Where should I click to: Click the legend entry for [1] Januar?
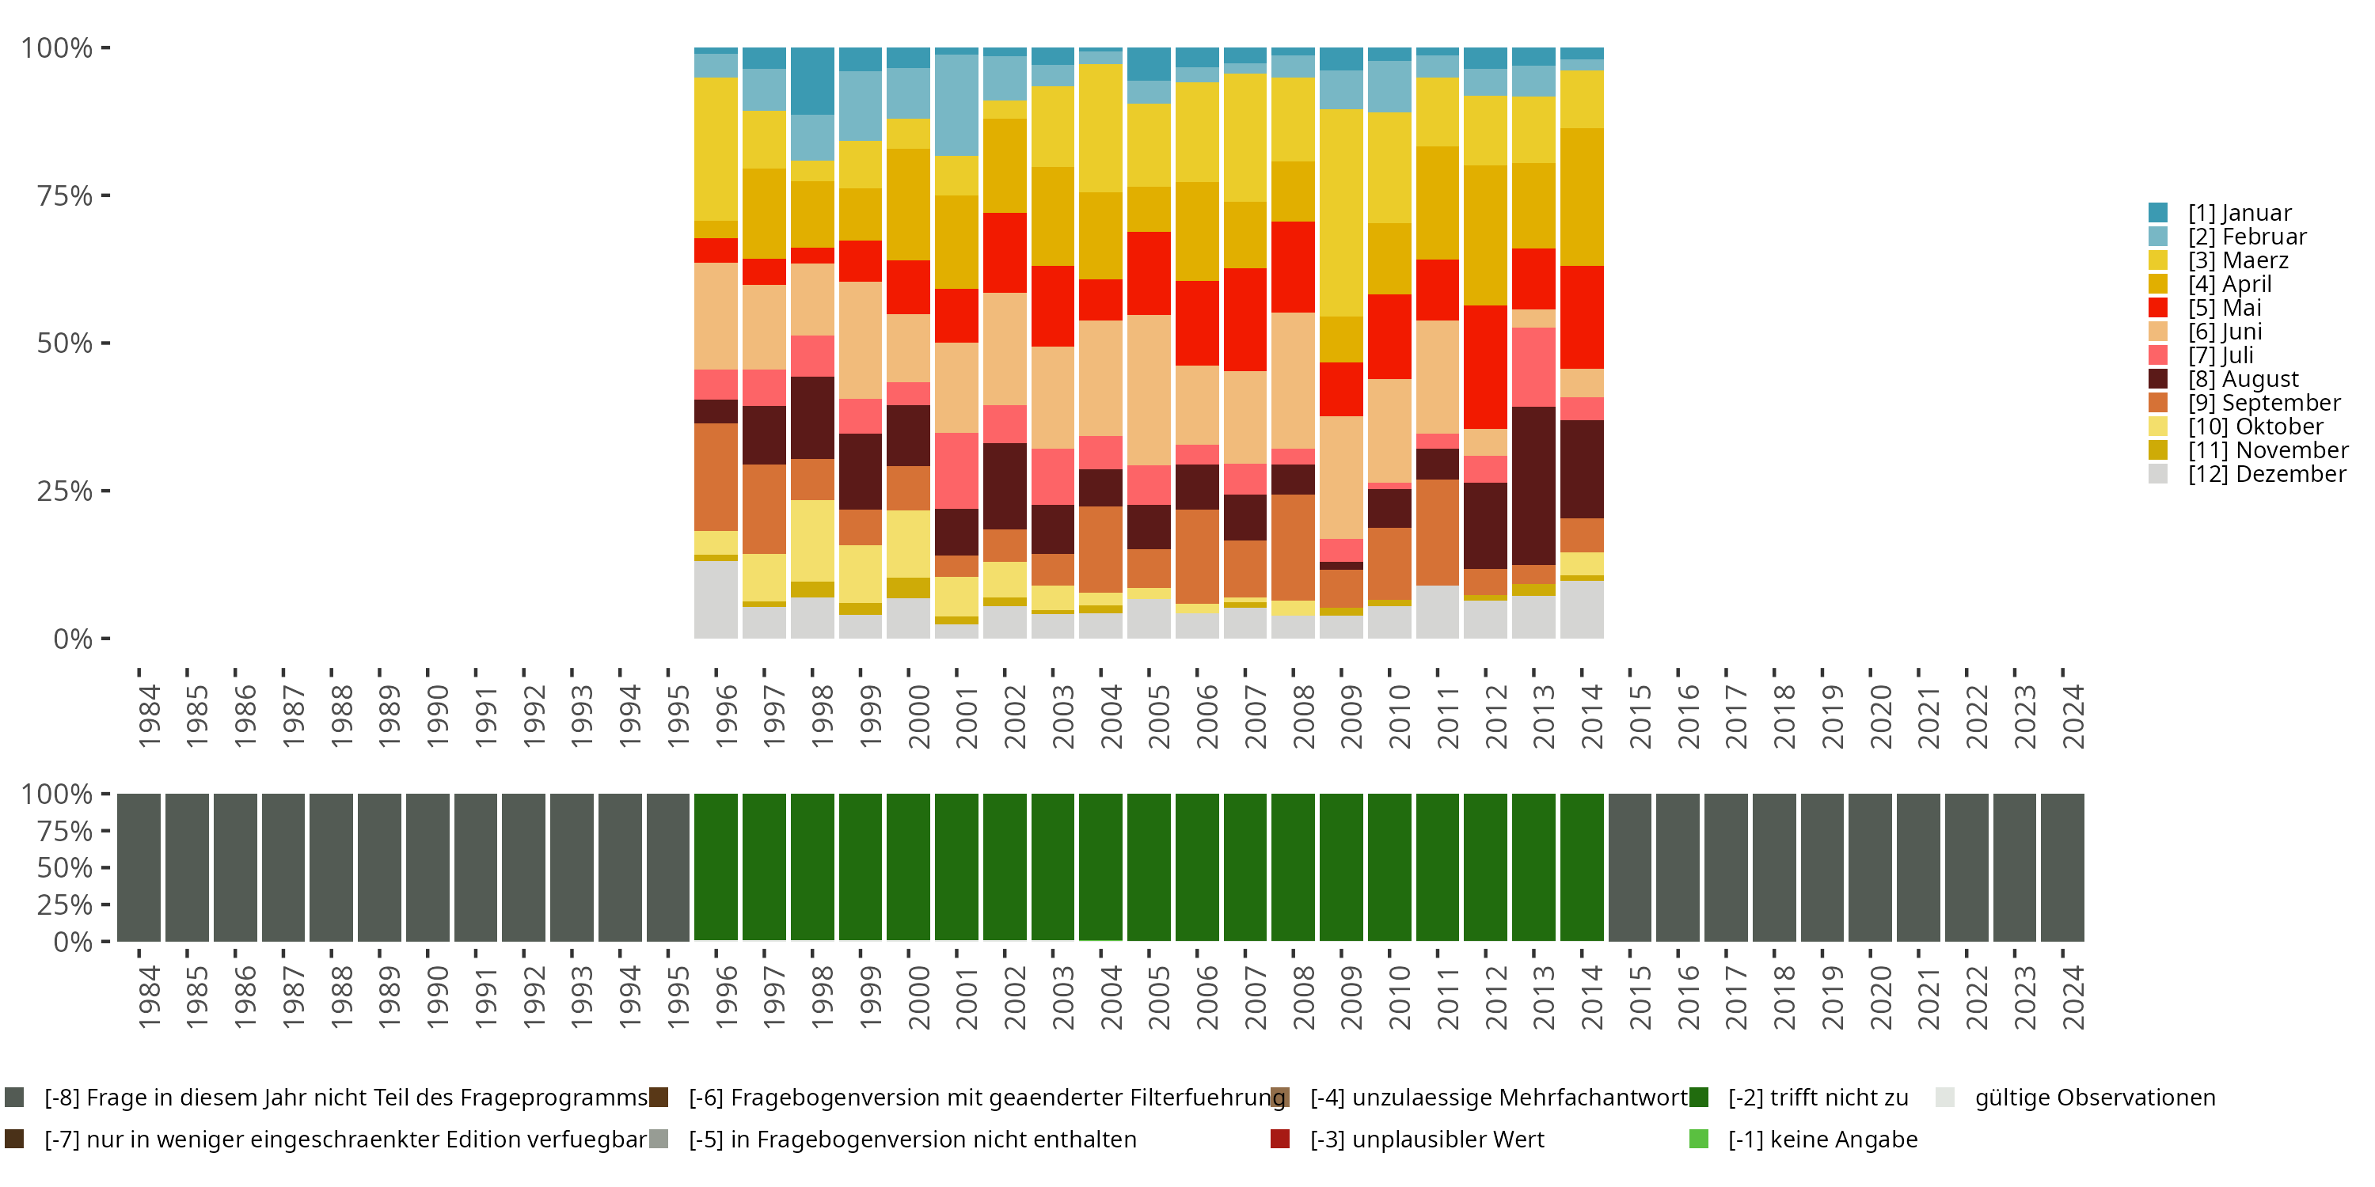click(2239, 213)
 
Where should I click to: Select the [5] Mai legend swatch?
click(2158, 308)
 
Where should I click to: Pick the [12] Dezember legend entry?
click(2267, 474)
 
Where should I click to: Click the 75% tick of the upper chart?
click(65, 195)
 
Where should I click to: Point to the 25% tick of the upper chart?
click(65, 491)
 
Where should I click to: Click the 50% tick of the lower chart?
click(65, 867)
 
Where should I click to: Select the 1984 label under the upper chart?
click(150, 716)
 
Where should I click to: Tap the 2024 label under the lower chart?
click(2072, 997)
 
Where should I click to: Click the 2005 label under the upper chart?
click(1159, 716)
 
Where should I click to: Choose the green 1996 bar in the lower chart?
click(716, 867)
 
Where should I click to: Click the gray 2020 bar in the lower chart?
click(1870, 867)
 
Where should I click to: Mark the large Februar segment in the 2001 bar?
click(956, 105)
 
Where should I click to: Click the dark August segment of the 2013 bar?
click(1533, 486)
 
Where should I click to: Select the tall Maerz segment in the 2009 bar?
click(1340, 213)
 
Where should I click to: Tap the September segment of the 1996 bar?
click(716, 476)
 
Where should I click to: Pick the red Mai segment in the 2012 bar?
click(1485, 367)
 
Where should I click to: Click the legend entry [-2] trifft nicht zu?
click(1817, 1098)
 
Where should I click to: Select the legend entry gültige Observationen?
click(2094, 1098)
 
